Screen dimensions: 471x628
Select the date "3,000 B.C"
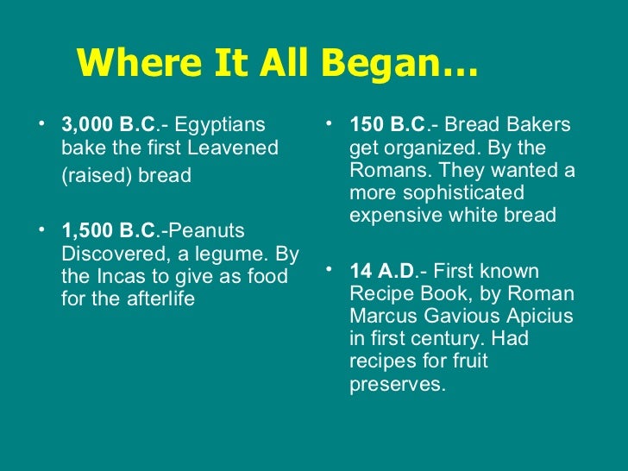pos(107,126)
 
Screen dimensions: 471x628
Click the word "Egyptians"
pos(222,126)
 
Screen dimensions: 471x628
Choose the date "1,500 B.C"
pos(107,231)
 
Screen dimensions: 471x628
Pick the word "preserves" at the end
pos(395,384)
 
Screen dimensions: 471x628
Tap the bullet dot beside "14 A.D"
pos(331,269)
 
